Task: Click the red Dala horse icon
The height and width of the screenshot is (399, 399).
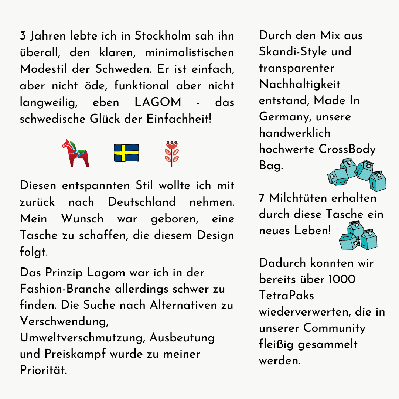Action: coord(76,153)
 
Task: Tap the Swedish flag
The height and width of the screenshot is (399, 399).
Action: coord(126,153)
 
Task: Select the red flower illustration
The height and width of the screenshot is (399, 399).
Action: coord(171,153)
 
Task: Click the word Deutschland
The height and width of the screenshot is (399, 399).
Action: coord(142,202)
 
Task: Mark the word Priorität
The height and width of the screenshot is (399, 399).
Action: coord(44,370)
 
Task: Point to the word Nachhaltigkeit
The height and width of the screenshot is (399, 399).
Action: coord(300,84)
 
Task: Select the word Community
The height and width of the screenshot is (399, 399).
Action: coord(334,328)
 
